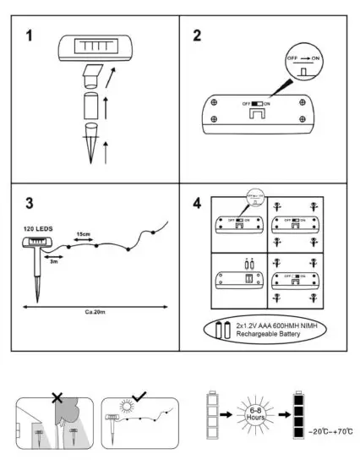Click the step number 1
pyautogui.click(x=31, y=38)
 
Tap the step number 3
pyautogui.click(x=30, y=203)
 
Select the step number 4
pyautogui.click(x=198, y=203)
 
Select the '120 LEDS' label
pyautogui.click(x=32, y=228)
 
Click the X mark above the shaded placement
pyautogui.click(x=58, y=396)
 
